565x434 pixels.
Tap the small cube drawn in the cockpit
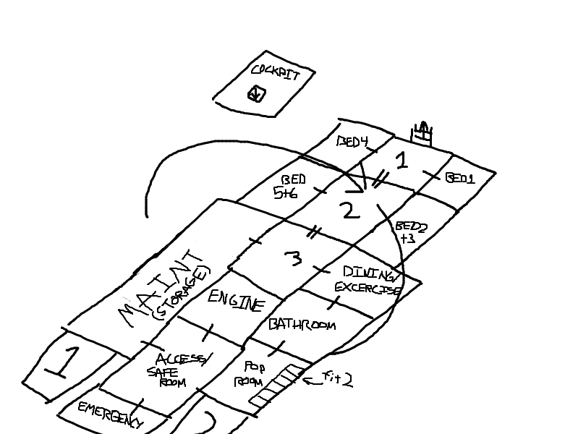pyautogui.click(x=256, y=94)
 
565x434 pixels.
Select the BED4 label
pyautogui.click(x=354, y=142)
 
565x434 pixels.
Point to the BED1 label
pyautogui.click(x=460, y=178)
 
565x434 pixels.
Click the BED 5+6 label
pyautogui.click(x=292, y=186)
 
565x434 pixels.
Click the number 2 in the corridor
pyautogui.click(x=349, y=210)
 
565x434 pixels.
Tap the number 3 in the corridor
pyautogui.click(x=293, y=258)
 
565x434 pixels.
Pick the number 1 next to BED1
pyautogui.click(x=402, y=160)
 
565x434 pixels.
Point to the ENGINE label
pyautogui.click(x=236, y=299)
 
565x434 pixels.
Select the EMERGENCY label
pyautogui.click(x=111, y=416)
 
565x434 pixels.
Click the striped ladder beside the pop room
pyautogui.click(x=276, y=385)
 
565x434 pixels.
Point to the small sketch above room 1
pyautogui.click(x=422, y=132)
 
